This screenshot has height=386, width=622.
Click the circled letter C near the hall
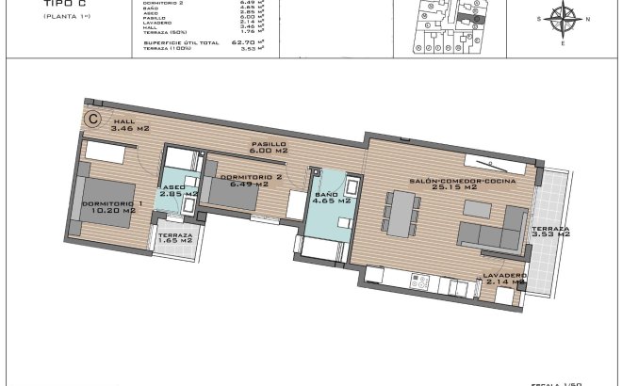93,119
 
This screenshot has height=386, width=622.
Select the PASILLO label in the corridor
268,148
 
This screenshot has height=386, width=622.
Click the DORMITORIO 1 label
112,207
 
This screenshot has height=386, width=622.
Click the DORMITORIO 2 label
251,181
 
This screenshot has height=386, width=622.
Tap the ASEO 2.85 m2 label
179,190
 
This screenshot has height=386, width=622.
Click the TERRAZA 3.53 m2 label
549,233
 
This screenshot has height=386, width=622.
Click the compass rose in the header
563,19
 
